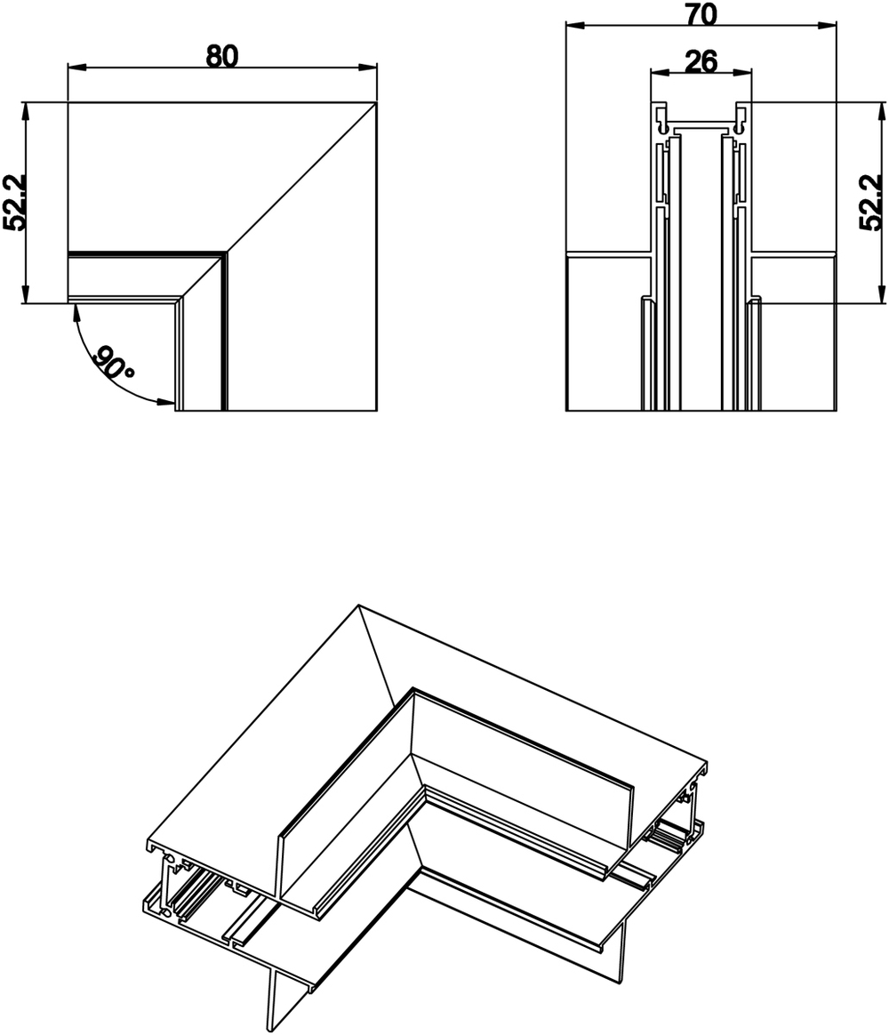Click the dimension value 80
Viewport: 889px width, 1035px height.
(222, 55)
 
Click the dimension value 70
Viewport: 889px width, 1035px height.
(702, 13)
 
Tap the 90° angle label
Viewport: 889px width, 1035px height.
(115, 365)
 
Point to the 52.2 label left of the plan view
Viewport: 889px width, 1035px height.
(15, 203)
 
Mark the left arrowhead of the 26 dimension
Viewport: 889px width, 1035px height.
(656, 73)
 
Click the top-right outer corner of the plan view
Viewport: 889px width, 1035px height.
(376, 104)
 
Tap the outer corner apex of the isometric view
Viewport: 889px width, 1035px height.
(359, 606)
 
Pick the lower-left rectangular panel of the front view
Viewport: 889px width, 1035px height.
(605, 333)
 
